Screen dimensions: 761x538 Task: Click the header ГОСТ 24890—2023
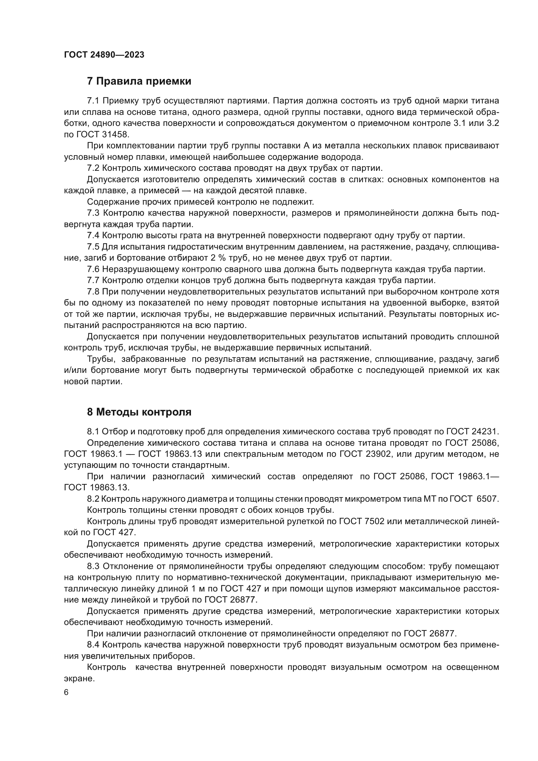point(104,55)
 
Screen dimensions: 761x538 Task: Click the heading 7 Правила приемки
point(139,81)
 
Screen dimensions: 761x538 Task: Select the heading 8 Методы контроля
point(139,412)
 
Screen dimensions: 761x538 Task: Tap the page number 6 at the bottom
point(66,693)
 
